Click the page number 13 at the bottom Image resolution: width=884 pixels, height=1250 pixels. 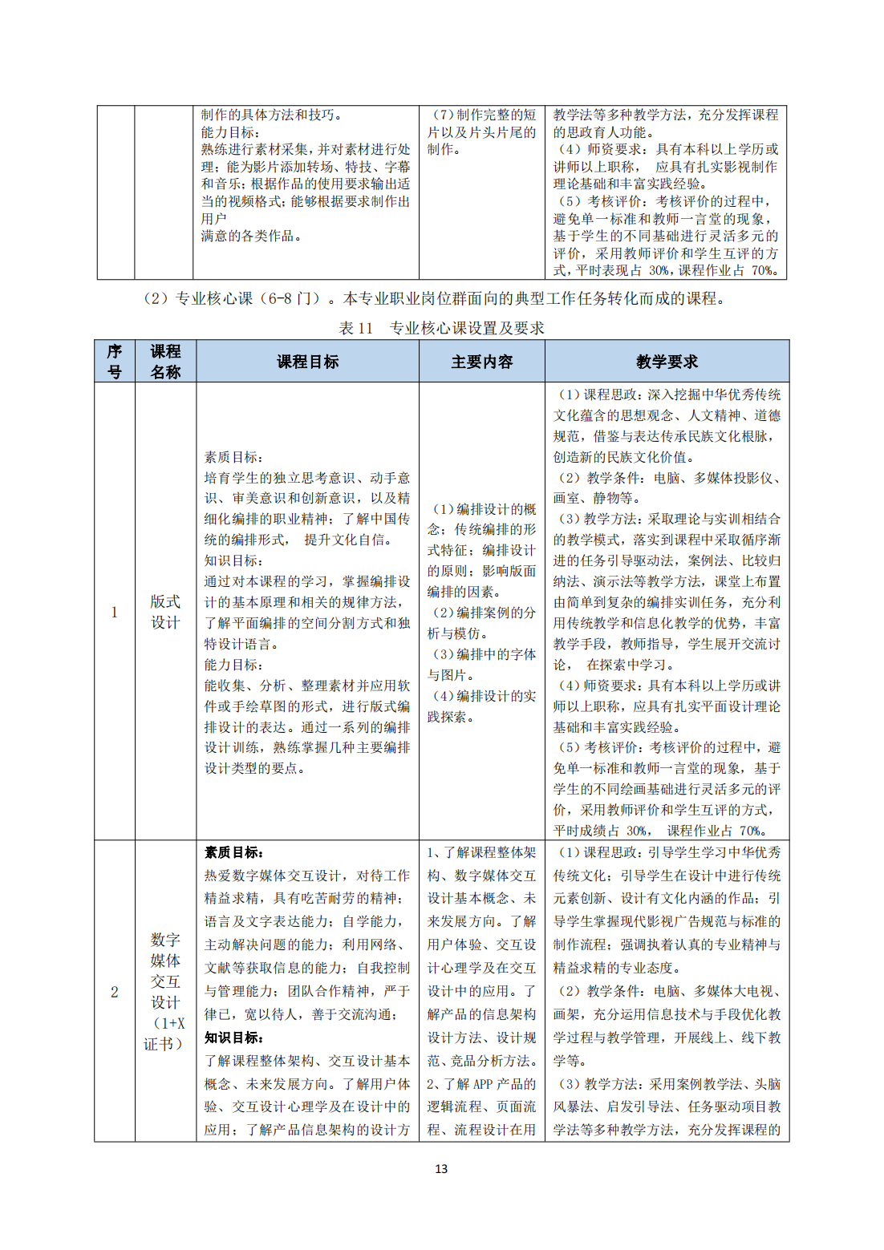click(x=441, y=1169)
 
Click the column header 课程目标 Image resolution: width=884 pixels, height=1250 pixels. click(x=307, y=362)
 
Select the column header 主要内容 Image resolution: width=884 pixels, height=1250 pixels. click(x=481, y=362)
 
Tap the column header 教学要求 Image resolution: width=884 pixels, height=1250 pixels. click(x=667, y=362)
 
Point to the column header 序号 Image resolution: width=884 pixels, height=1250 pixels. click(x=115, y=362)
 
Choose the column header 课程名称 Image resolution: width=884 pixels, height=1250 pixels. click(x=165, y=362)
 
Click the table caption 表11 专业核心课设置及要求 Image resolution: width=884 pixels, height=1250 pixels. click(x=441, y=328)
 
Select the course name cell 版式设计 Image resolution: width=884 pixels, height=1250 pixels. click(x=165, y=612)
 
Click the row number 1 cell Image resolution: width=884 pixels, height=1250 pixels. click(x=115, y=612)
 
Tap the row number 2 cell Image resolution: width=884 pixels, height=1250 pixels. click(x=115, y=992)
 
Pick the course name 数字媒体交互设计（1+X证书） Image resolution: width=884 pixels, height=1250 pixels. click(x=165, y=992)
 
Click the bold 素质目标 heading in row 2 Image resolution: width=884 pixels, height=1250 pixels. click(x=233, y=852)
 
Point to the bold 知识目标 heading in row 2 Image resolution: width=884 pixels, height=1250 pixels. click(x=233, y=1038)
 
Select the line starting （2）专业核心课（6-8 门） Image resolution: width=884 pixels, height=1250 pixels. click(x=433, y=298)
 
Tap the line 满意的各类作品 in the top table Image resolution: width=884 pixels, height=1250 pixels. click(x=251, y=236)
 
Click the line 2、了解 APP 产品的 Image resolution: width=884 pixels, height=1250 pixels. click(x=481, y=1084)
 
